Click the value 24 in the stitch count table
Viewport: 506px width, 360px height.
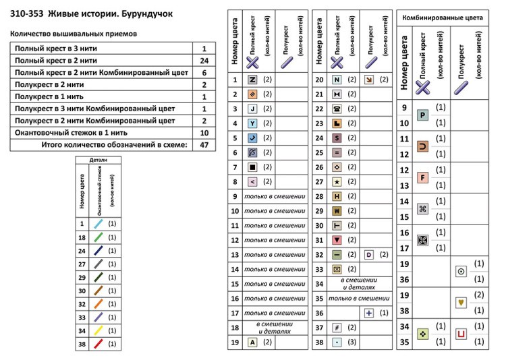pyautogui.click(x=204, y=60)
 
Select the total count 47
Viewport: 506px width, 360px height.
pyautogui.click(x=204, y=144)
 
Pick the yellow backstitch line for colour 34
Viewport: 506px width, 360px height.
pyautogui.click(x=99, y=330)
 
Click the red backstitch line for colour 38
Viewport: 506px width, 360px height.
pyautogui.click(x=99, y=344)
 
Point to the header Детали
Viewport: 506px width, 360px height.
pyautogui.click(x=98, y=160)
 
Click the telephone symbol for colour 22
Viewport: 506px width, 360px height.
pyautogui.click(x=337, y=109)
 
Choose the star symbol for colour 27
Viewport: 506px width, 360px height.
pyautogui.click(x=337, y=182)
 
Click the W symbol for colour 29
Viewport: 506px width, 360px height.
pyautogui.click(x=337, y=211)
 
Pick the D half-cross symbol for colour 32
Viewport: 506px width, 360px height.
pyautogui.click(x=368, y=255)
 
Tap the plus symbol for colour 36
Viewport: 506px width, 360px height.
pyautogui.click(x=368, y=313)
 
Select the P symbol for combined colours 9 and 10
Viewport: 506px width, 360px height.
pyautogui.click(x=423, y=115)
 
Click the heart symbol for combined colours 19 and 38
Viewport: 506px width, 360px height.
pyautogui.click(x=461, y=303)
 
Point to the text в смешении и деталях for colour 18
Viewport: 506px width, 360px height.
pyautogui.click(x=274, y=328)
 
